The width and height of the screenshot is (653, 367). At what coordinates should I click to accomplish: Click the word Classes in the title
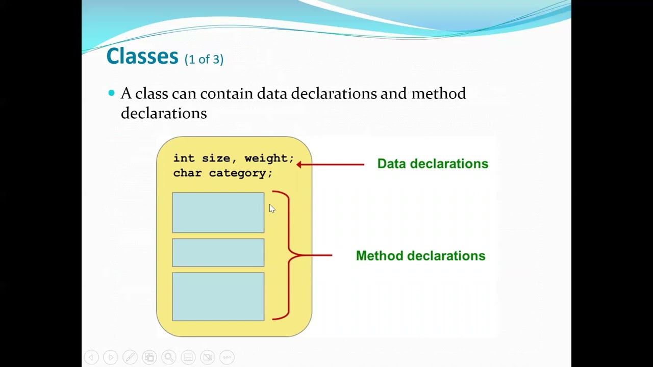(142, 56)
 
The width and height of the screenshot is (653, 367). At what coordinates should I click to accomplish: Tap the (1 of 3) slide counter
(204, 60)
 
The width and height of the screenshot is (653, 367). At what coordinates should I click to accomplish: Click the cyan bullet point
(112, 93)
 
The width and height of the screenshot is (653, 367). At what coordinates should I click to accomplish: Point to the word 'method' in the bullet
(438, 94)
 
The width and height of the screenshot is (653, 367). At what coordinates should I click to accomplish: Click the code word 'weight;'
(269, 159)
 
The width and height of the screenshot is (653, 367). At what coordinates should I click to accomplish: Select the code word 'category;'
(240, 173)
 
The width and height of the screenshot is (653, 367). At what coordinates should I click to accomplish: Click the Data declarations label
(433, 164)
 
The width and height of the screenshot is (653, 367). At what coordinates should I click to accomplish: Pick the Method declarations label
(420, 256)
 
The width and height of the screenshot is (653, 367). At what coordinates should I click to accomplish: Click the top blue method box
(218, 213)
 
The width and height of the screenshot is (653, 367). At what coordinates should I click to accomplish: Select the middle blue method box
(218, 253)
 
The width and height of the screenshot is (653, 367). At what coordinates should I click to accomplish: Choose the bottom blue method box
(218, 297)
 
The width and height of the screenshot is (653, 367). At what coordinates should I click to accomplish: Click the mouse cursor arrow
(271, 208)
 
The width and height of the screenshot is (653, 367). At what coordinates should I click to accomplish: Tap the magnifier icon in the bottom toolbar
(169, 357)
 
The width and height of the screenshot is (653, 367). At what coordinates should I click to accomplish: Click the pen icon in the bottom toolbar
(130, 357)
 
